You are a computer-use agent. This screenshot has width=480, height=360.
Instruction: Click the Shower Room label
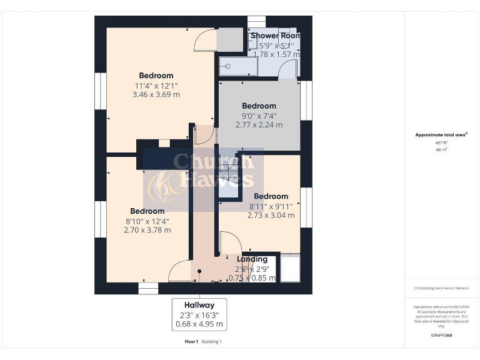pyautogui.click(x=275, y=36)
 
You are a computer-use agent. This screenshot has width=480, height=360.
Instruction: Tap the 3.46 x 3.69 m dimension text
pyautogui.click(x=156, y=95)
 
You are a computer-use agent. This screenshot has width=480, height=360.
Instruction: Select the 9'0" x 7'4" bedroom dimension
pyautogui.click(x=259, y=116)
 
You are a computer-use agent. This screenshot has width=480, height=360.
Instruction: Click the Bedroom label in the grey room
pyautogui.click(x=259, y=106)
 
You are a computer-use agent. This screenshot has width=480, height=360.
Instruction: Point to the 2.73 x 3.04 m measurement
pyautogui.click(x=271, y=216)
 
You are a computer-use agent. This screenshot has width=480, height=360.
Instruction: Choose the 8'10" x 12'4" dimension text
pyautogui.click(x=147, y=221)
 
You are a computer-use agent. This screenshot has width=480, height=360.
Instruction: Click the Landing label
pyautogui.click(x=252, y=259)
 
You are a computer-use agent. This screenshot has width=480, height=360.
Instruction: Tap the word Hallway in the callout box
pyautogui.click(x=199, y=305)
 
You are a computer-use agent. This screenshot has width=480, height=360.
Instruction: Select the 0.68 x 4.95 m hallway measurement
pyautogui.click(x=199, y=324)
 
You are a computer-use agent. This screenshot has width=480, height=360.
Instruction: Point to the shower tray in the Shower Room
pyautogui.click(x=238, y=66)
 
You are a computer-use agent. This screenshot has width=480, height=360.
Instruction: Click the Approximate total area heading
pyautogui.click(x=441, y=135)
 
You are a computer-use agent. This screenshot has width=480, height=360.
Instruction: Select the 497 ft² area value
pyautogui.click(x=441, y=142)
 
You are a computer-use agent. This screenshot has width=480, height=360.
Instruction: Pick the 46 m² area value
pyautogui.click(x=441, y=150)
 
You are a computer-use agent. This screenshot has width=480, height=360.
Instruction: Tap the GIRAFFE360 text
pyautogui.click(x=441, y=336)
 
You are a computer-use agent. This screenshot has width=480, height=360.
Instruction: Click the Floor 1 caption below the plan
pyautogui.click(x=191, y=341)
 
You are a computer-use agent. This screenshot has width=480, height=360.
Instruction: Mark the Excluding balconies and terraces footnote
pyautogui.click(x=441, y=288)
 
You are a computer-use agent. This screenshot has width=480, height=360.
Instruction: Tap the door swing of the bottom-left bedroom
pyautogui.click(x=179, y=271)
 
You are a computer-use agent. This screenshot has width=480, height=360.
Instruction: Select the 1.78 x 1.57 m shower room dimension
pyautogui.click(x=275, y=54)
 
